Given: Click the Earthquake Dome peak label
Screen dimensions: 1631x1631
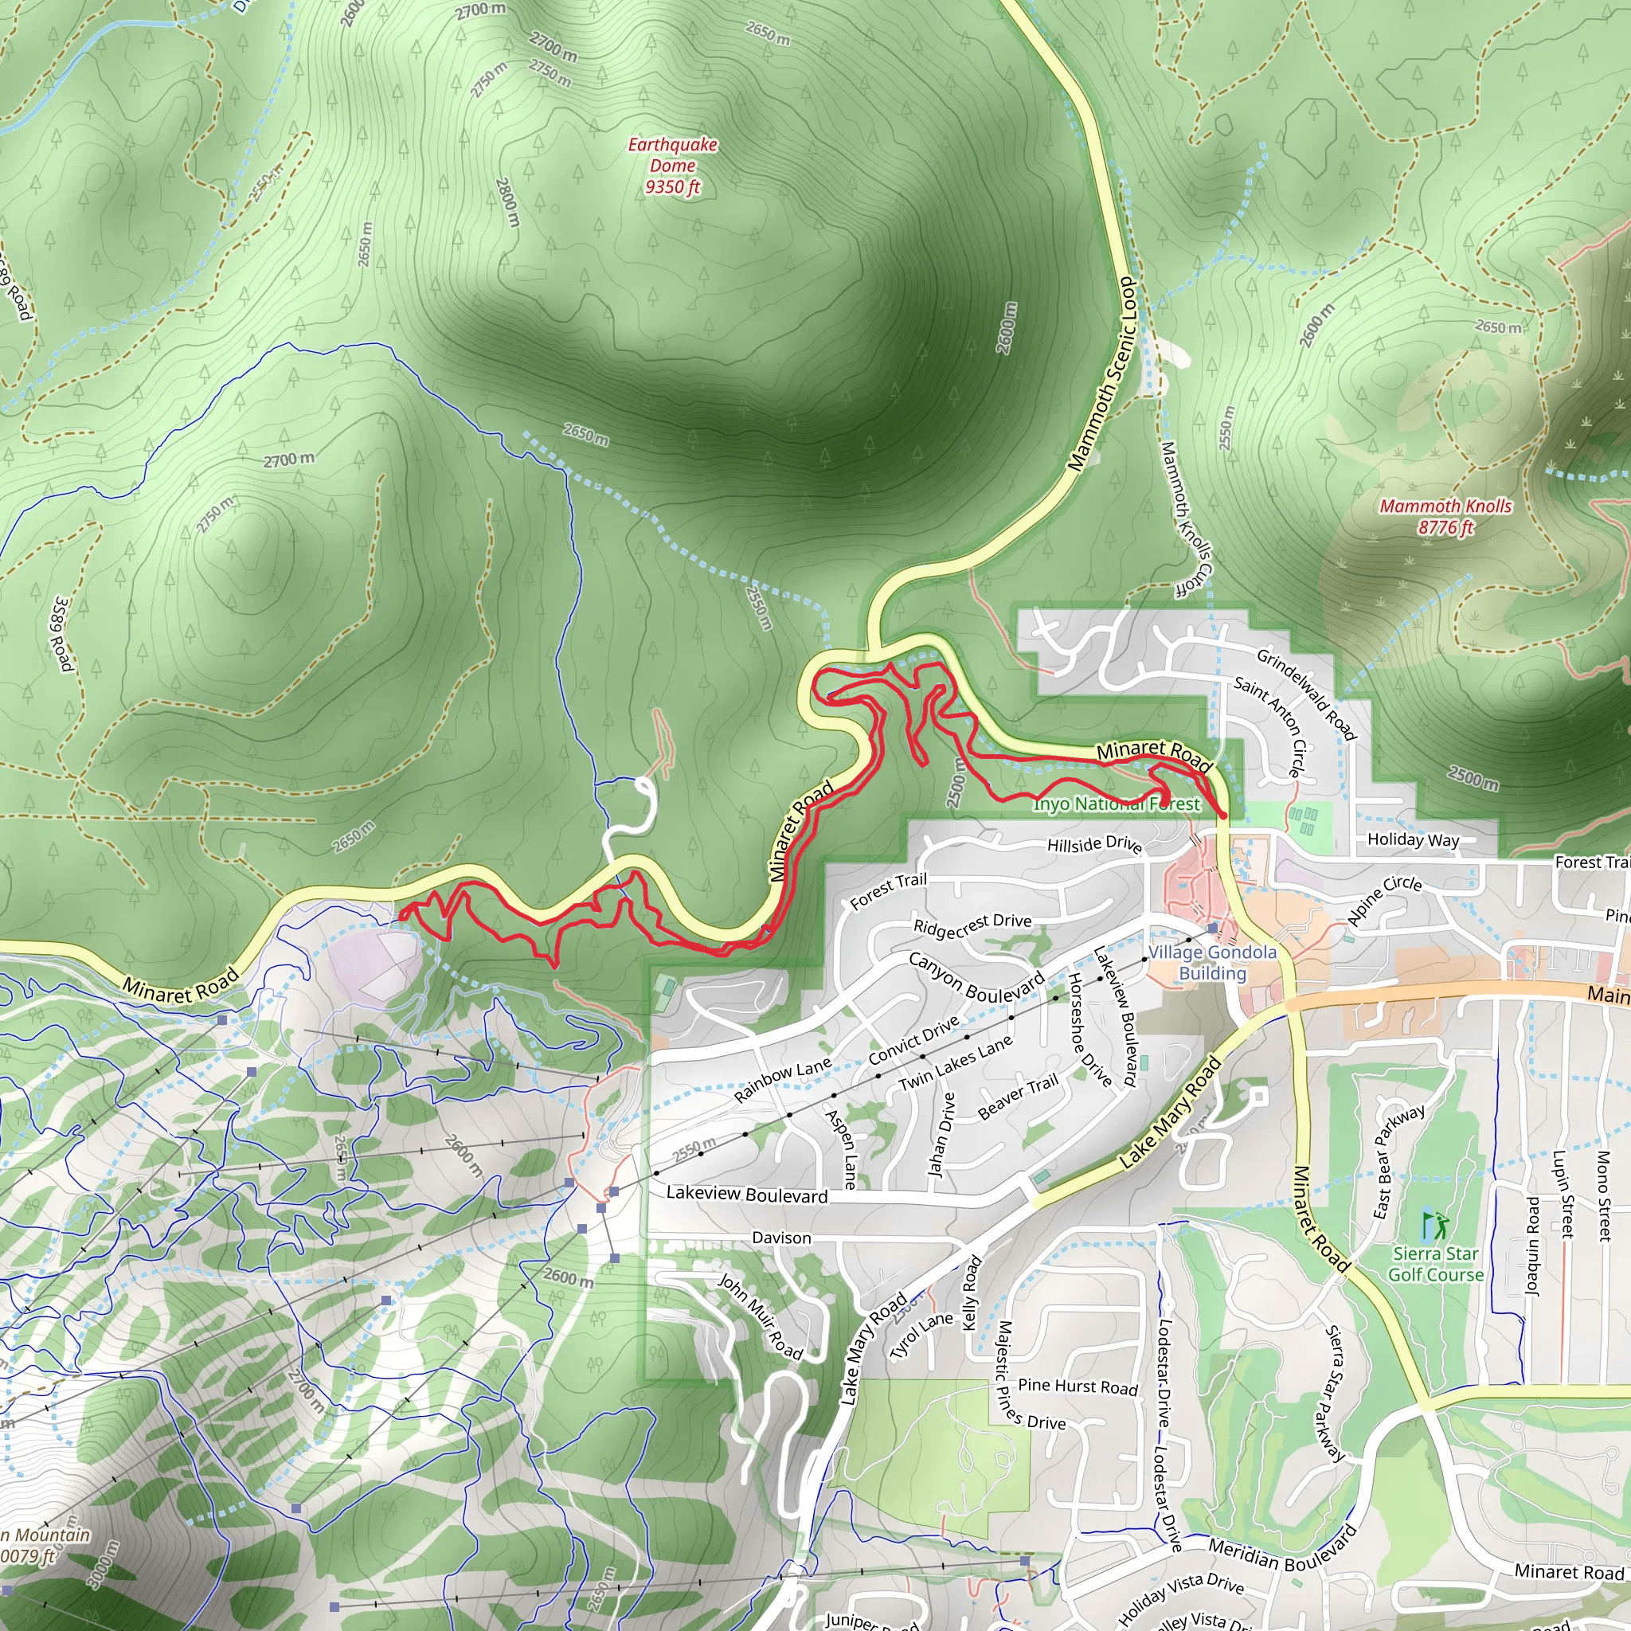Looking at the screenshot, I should point(672,166).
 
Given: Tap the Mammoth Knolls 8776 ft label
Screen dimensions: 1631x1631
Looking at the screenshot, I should point(1445,517).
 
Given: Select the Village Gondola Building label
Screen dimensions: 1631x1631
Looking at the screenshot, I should point(1212,962).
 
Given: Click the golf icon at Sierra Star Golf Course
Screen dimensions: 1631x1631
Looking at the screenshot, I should point(1435,1225).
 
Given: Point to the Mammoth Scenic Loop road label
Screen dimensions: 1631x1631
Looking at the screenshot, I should point(1102,375).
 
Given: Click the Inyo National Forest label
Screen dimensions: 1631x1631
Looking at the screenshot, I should point(1116,804).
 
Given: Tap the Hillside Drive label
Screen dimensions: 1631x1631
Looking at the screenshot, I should point(1094,844).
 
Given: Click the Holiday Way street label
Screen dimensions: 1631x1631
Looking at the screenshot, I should point(1414,839).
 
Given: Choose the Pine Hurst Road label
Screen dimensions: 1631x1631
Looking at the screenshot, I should point(1078,1387).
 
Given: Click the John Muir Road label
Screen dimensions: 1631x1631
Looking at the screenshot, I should point(760,1317).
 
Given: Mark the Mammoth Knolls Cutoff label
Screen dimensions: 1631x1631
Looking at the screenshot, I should point(1186,519).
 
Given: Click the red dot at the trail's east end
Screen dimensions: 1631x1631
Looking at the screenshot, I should point(1222,814).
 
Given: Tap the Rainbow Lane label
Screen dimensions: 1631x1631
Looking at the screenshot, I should point(783,1080).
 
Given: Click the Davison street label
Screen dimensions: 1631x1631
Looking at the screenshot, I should point(781,1238).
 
